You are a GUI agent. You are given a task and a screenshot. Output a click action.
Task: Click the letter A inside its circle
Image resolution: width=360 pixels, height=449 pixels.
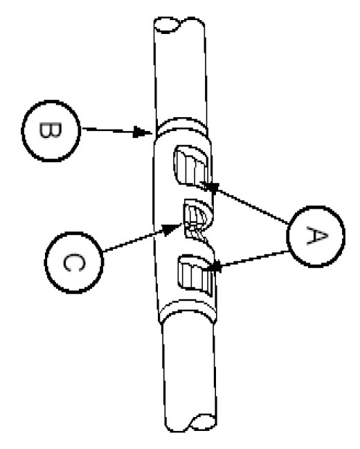pyautogui.click(x=316, y=236)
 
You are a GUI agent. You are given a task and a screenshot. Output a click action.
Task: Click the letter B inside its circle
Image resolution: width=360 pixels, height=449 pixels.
pyautogui.click(x=50, y=130)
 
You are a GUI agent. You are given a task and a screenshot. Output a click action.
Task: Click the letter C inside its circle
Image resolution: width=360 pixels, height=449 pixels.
pyautogui.click(x=73, y=263)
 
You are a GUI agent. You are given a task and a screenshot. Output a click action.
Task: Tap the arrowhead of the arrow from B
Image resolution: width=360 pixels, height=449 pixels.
pyautogui.click(x=143, y=132)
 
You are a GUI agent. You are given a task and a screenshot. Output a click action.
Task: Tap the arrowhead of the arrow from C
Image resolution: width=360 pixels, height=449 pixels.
pyautogui.click(x=172, y=229)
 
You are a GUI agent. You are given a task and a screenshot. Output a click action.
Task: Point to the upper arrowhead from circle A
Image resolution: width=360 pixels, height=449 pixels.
pyautogui.click(x=210, y=186)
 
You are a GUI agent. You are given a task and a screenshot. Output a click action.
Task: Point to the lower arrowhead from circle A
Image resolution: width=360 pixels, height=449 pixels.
pyautogui.click(x=213, y=267)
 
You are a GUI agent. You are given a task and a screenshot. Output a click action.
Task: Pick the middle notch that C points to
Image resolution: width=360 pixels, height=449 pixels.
pyautogui.click(x=197, y=219)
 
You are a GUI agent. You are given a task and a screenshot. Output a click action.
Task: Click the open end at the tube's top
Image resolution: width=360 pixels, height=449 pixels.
pyautogui.click(x=167, y=25)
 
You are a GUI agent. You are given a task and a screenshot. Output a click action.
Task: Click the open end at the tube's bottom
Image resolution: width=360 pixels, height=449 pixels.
pyautogui.click(x=203, y=423)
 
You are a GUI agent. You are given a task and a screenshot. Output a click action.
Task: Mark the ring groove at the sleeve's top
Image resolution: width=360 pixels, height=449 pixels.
pyautogui.click(x=181, y=127)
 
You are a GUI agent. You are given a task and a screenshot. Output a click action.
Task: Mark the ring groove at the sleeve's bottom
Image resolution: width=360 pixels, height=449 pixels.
pyautogui.click(x=188, y=310)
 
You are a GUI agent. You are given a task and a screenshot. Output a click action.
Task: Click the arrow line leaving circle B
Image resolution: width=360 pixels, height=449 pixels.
pyautogui.click(x=116, y=130)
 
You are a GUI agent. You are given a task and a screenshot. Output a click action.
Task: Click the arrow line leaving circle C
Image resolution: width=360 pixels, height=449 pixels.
pyautogui.click(x=142, y=238)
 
